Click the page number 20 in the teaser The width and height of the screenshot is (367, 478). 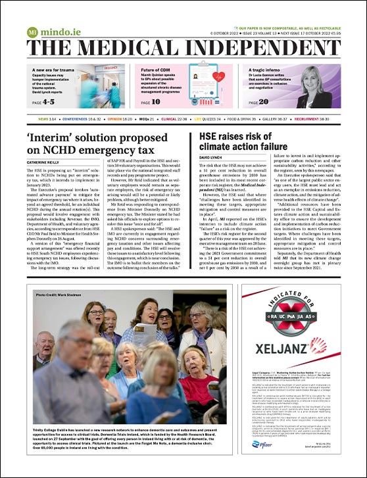[280, 102]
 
